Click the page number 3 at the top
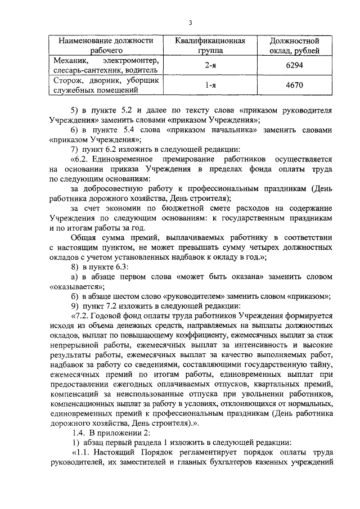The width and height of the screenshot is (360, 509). tap(191, 22)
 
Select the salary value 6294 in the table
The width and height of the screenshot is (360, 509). tap(294, 66)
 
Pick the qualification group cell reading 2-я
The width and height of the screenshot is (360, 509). tap(210, 66)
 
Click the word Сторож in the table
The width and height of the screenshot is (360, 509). tap(65, 80)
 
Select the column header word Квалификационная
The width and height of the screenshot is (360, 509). tap(210, 41)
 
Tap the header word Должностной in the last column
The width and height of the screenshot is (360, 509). tap(295, 41)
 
